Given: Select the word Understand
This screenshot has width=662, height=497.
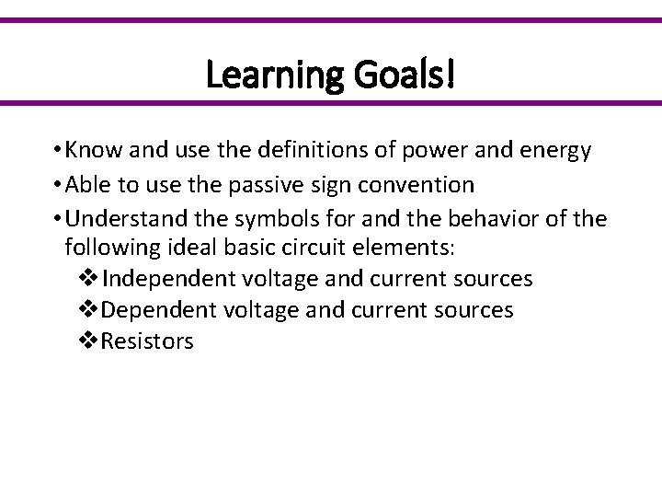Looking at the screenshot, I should [x=112, y=218].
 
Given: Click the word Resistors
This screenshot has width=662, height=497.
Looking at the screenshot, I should [x=148, y=341].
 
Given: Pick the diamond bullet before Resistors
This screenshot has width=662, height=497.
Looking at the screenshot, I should [x=89, y=341].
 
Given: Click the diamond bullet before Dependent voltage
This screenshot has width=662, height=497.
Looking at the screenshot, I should [x=89, y=310].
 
